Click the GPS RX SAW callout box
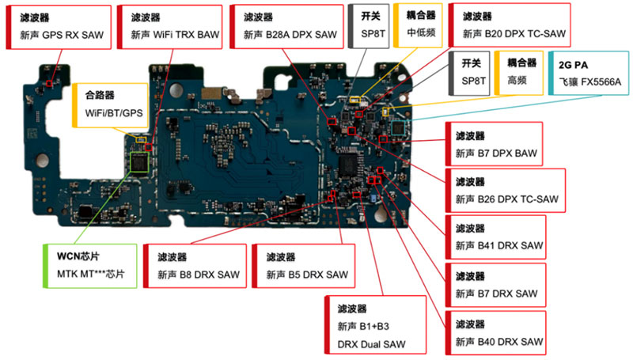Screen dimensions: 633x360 [59, 28]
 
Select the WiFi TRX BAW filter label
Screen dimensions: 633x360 [169, 27]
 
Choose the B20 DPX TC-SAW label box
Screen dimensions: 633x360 [510, 25]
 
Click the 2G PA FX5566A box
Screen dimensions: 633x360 [589, 73]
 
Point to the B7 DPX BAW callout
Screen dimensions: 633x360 [494, 144]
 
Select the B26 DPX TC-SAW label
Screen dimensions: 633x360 [505, 191]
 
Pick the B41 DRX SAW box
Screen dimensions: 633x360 [495, 237]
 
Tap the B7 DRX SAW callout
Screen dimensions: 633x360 [495, 285]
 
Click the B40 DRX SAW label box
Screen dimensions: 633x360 [495, 333]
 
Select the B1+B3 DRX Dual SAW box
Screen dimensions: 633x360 [375, 325]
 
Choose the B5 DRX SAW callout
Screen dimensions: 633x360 [304, 266]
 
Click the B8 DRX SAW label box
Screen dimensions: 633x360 [195, 266]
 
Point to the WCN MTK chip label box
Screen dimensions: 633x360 [90, 266]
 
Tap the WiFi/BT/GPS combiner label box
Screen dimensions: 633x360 [110, 106]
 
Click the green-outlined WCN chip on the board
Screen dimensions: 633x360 [139, 162]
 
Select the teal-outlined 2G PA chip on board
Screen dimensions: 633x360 [398, 128]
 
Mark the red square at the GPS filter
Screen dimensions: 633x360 [49, 83]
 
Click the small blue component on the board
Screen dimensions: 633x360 [373, 198]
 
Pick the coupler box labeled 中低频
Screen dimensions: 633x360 [418, 26]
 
